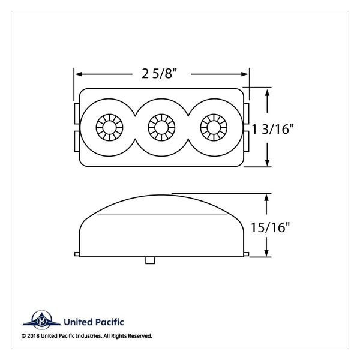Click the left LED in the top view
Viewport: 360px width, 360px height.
(x=109, y=127)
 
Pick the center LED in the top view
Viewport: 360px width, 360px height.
(x=160, y=127)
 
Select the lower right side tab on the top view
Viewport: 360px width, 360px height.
(x=248, y=141)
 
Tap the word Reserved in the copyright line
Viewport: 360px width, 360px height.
(x=139, y=336)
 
